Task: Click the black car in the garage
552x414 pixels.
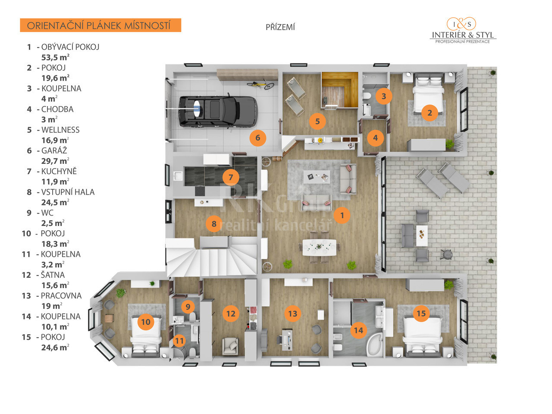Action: [x=218, y=111]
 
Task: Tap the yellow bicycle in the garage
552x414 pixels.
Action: [x=260, y=84]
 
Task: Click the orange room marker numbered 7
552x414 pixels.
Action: [x=231, y=177]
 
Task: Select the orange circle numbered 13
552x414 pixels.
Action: [x=292, y=314]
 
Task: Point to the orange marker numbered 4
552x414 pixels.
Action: [x=375, y=138]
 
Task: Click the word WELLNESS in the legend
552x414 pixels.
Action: [x=60, y=130]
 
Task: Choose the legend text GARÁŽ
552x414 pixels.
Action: [x=54, y=151]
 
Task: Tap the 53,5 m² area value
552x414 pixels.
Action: [x=55, y=57]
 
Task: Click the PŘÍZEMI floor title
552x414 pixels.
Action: [x=280, y=27]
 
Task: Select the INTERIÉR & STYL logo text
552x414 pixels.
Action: [x=463, y=34]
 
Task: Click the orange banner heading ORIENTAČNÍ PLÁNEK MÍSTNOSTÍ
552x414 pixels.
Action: [x=100, y=25]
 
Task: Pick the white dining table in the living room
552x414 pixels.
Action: [x=319, y=248]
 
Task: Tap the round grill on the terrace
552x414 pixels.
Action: [x=446, y=254]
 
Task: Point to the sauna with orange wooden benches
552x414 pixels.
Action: [x=339, y=90]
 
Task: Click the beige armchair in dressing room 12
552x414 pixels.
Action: [x=230, y=346]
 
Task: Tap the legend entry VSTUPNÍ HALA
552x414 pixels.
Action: [x=68, y=192]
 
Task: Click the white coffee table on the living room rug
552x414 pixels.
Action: [x=317, y=177]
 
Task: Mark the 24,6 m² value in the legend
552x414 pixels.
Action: [x=55, y=348]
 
